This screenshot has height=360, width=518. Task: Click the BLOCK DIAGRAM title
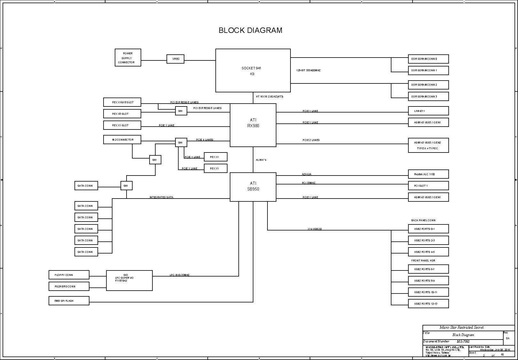(x=250, y=30)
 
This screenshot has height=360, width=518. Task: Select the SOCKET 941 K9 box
(x=253, y=71)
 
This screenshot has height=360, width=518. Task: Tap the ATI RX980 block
(x=253, y=125)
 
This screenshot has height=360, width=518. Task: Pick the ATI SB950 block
(x=253, y=187)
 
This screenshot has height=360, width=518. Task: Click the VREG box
(x=175, y=59)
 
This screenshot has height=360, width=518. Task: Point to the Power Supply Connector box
(x=128, y=58)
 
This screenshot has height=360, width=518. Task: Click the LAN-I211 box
(x=428, y=111)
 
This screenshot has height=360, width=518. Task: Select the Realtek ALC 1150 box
(x=428, y=174)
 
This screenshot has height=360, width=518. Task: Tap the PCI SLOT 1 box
(x=428, y=186)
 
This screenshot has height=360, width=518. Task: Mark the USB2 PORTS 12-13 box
(x=428, y=304)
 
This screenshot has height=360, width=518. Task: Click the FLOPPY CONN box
(x=69, y=275)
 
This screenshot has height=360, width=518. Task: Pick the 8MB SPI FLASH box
(x=69, y=301)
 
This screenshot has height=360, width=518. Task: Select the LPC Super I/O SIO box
(x=129, y=281)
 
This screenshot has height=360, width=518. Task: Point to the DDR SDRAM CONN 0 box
(x=428, y=59)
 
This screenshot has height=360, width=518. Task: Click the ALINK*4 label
(x=261, y=160)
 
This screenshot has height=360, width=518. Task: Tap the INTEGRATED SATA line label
(x=161, y=197)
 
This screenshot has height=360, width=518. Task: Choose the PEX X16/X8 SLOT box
(x=122, y=102)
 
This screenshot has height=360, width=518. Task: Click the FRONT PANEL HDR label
(x=423, y=261)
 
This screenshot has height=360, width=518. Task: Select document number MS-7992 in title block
(x=463, y=341)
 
